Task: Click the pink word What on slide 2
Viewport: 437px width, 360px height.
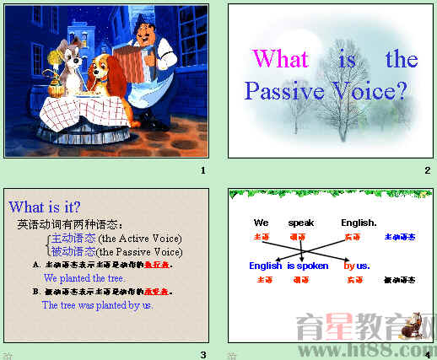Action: tap(281, 59)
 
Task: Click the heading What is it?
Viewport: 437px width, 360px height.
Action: tap(45, 207)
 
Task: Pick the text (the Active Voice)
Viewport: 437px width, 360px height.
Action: tap(140, 239)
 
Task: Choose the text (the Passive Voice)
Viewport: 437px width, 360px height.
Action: tap(140, 251)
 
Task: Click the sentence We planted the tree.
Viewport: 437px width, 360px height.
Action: tap(84, 277)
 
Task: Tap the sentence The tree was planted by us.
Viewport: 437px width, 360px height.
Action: tap(98, 304)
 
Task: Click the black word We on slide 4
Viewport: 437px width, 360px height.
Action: tap(262, 223)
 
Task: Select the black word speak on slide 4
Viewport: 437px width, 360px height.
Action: tap(300, 223)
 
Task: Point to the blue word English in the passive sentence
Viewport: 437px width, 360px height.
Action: tap(266, 266)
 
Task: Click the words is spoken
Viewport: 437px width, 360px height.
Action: tap(308, 266)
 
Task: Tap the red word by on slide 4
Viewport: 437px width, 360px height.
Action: tap(349, 266)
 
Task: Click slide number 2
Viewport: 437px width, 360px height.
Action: tap(428, 171)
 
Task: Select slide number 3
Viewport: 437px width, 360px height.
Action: tap(202, 355)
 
